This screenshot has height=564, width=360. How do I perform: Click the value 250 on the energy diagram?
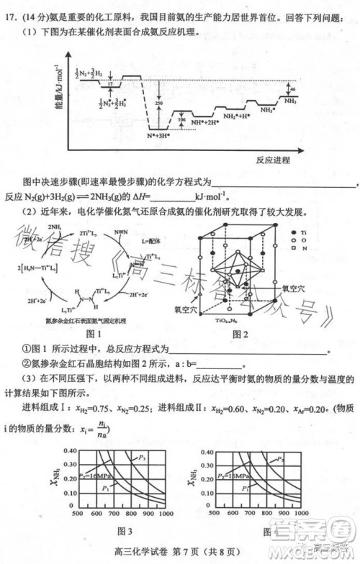(x=158, y=104)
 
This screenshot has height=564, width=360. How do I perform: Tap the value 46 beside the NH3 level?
(x=292, y=90)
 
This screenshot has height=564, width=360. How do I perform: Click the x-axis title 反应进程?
(x=273, y=159)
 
